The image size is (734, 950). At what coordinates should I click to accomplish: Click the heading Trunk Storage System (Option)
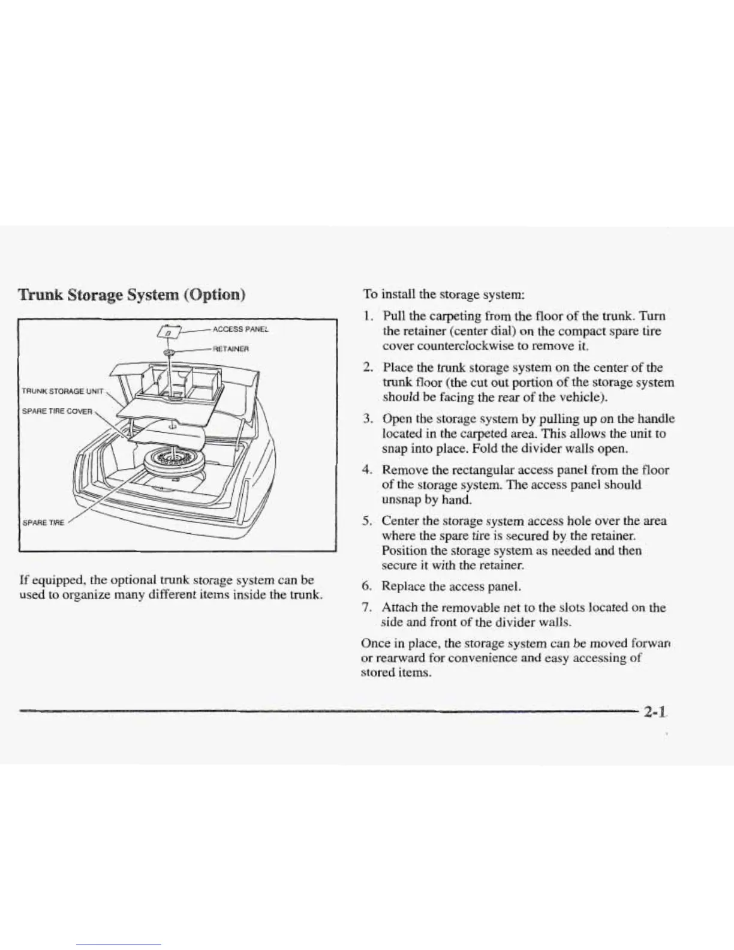point(133,294)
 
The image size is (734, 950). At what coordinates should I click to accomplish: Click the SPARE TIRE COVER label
point(57,411)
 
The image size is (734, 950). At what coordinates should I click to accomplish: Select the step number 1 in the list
point(369,316)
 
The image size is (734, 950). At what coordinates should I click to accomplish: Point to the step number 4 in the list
point(369,470)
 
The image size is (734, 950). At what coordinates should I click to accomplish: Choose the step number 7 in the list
point(369,608)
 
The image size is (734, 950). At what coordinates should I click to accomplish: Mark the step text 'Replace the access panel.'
point(452,586)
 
